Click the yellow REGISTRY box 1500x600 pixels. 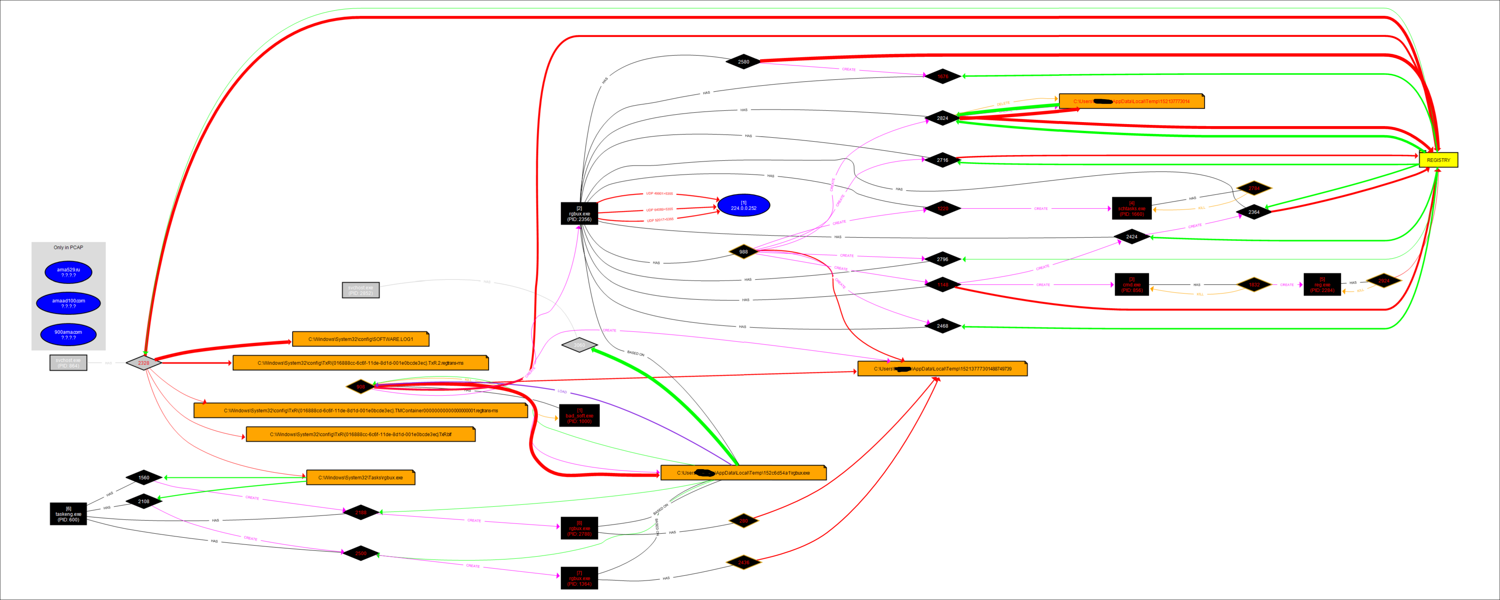pos(1438,160)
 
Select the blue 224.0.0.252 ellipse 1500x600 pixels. pos(744,205)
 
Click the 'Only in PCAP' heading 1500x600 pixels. pos(68,247)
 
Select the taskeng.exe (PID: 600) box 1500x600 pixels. pos(68,514)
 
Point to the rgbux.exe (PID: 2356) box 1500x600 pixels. pos(579,214)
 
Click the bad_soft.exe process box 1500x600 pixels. pos(579,416)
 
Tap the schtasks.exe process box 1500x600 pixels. pos(1131,208)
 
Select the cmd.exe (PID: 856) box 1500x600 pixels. pos(1131,285)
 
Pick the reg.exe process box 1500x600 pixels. pos(1322,285)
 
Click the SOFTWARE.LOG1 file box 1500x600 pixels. pos(360,339)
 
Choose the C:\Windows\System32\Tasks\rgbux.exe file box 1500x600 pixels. pos(360,477)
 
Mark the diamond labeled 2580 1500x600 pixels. pos(744,62)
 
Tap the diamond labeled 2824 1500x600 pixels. pos(942,118)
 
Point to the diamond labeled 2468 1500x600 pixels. pos(942,326)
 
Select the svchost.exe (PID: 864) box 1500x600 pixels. pos(68,362)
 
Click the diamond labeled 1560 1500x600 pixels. pos(143,477)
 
